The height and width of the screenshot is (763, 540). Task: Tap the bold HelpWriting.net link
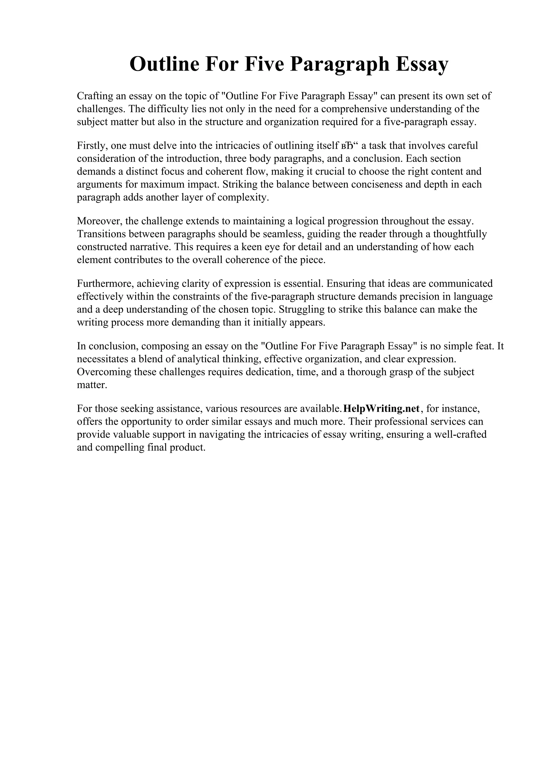point(381,408)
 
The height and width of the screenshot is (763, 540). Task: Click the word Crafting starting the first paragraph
point(94,96)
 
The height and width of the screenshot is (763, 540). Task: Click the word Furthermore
point(104,284)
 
